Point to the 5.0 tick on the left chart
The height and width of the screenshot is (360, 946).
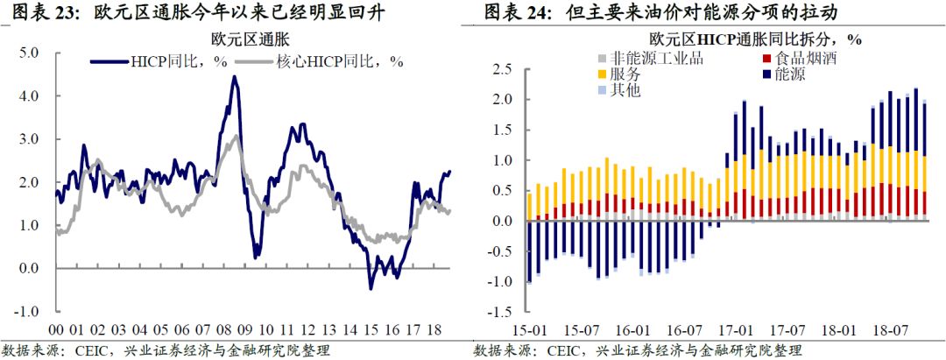[31, 53]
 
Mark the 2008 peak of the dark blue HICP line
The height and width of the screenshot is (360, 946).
[233, 77]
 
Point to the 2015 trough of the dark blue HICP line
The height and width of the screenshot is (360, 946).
[371, 288]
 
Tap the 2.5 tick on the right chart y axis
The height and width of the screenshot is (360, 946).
[501, 69]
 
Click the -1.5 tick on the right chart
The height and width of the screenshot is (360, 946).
[499, 312]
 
